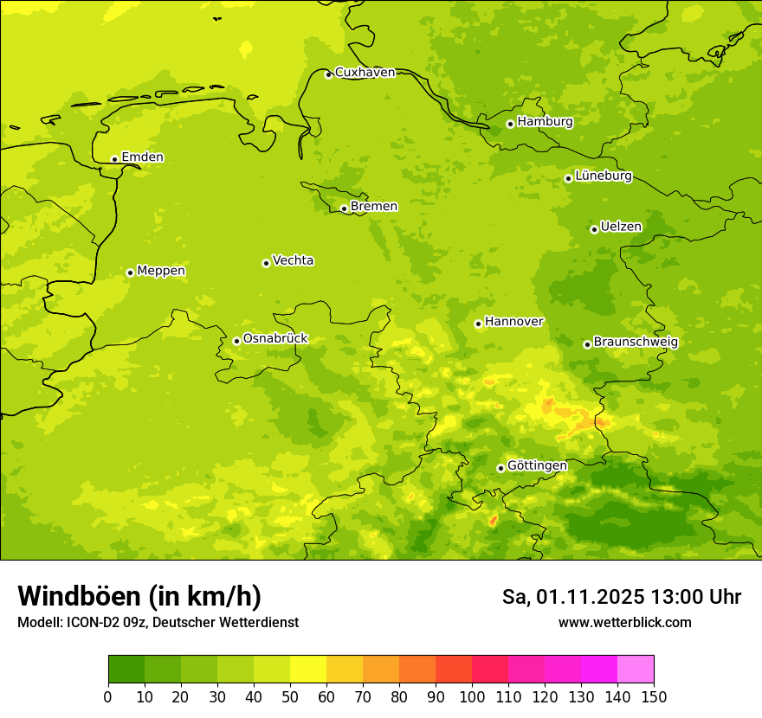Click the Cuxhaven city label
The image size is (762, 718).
coord(365,73)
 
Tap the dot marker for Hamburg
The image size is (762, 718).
coord(510,124)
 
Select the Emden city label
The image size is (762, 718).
coord(142,157)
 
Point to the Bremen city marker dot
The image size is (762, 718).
coord(344,208)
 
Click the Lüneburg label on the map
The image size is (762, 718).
coord(603,176)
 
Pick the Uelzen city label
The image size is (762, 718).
coord(621,228)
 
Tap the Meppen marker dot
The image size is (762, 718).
coord(130,272)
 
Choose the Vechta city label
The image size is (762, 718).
coord(293,260)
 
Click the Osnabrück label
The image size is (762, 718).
coord(275,339)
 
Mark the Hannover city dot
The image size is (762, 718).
coord(478,324)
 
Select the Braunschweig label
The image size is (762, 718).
coord(636,343)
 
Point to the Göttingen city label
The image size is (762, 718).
coord(537,466)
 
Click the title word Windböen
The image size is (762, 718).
coord(79,597)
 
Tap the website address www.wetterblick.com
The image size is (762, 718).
coord(624,623)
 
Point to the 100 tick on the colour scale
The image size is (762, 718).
coord(472,696)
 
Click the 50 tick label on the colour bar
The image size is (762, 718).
coord(290,696)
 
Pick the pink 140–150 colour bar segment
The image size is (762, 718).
coord(636,670)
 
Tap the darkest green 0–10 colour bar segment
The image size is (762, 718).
coord(126,670)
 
